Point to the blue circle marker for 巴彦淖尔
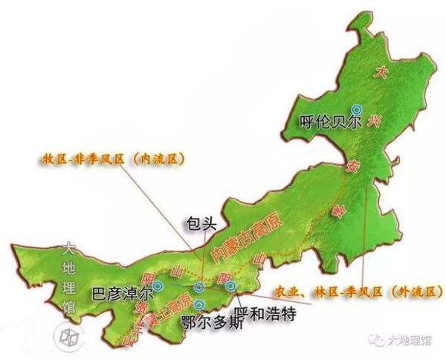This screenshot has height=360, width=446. click(158, 286)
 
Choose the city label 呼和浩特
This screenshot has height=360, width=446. click(265, 314)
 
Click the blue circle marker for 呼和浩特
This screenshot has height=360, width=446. click(230, 286)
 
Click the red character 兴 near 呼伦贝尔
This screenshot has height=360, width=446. click(377, 124)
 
